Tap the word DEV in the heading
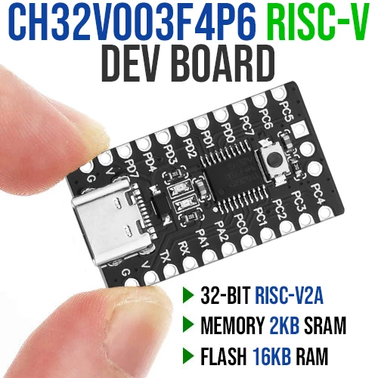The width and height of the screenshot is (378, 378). point(132,64)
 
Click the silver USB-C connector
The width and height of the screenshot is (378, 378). point(111,222)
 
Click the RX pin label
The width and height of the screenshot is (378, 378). point(184,248)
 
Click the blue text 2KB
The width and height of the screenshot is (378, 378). point(284,325)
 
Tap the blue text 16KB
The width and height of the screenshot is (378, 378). point(271,356)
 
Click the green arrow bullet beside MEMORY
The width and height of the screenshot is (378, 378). point(188,325)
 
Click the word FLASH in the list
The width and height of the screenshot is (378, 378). point(223,356)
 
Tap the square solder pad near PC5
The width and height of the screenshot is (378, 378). point(300,129)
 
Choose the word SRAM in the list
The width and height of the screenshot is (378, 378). point(325,325)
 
